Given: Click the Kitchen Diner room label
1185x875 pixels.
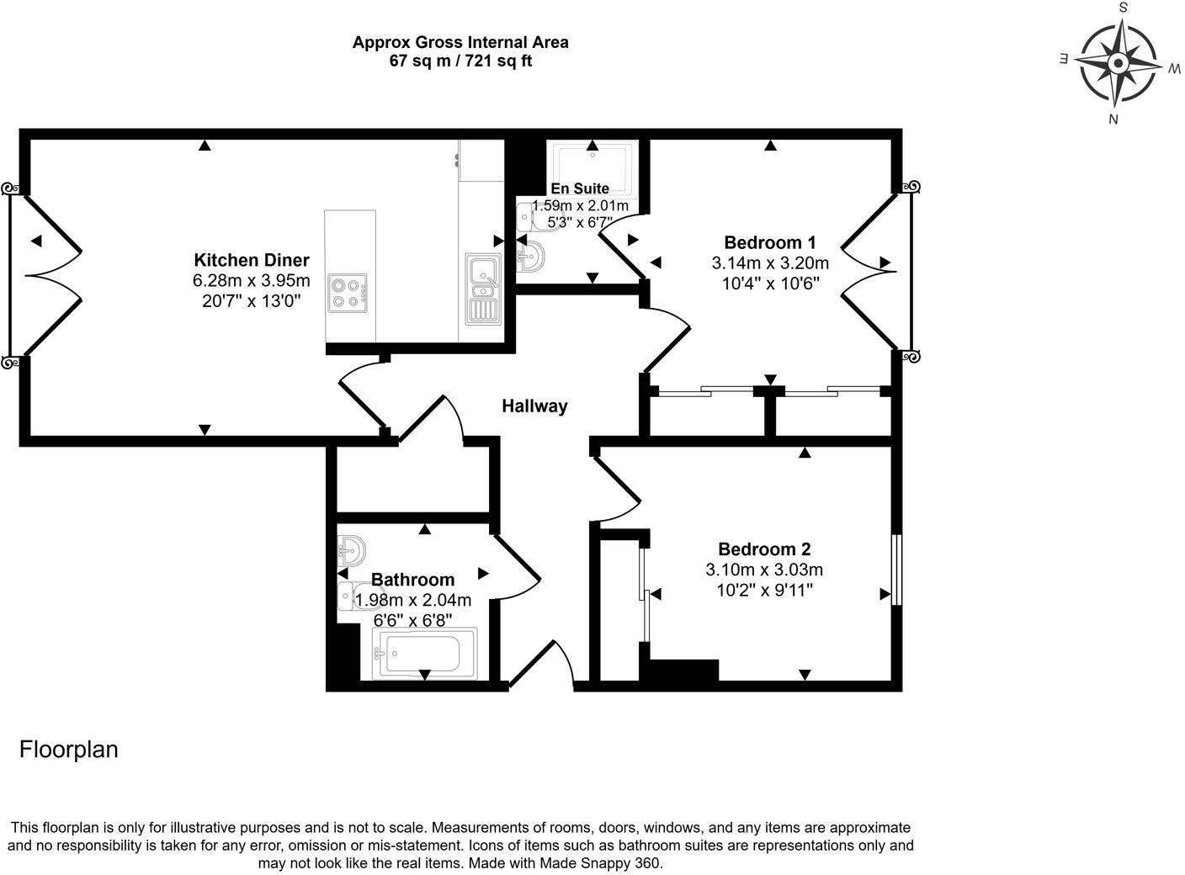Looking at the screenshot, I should [252, 260].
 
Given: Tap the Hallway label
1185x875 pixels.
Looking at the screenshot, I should [534, 406].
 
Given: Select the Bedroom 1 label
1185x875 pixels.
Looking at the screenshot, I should [770, 242].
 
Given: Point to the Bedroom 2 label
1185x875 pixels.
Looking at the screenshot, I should [764, 549].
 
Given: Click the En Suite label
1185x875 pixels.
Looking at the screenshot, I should [579, 188].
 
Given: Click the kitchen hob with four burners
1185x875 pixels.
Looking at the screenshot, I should [348, 294].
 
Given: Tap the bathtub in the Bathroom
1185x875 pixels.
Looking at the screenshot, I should [423, 654].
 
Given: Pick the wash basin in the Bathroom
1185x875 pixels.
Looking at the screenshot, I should [352, 551].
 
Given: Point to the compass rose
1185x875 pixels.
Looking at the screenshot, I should [1118, 63].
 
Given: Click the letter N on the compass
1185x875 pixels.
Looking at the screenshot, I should [1113, 119].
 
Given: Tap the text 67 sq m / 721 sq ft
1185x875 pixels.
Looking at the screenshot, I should [460, 61].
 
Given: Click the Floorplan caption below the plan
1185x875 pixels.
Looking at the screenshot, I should [69, 750].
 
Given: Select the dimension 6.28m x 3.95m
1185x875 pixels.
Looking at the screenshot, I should [252, 280].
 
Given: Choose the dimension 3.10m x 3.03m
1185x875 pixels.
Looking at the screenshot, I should [764, 570].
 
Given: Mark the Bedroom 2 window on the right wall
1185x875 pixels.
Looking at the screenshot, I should [896, 569].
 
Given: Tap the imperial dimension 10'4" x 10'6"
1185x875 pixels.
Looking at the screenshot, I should [770, 284].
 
